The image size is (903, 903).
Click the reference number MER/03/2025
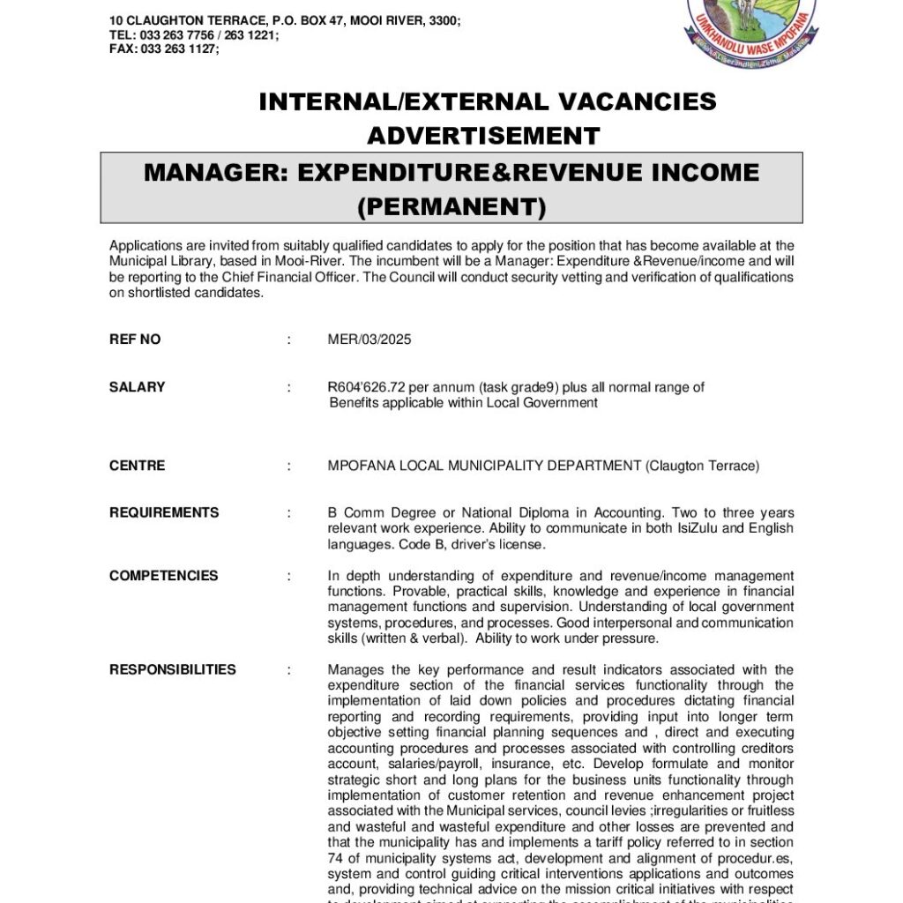click(x=369, y=340)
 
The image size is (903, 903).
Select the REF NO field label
click(x=135, y=340)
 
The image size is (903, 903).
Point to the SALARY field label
click(x=137, y=387)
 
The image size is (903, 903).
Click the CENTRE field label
click(x=137, y=466)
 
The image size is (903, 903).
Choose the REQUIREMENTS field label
click(x=164, y=512)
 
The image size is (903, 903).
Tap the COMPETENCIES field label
click(x=163, y=576)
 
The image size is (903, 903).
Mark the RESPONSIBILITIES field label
click(x=172, y=669)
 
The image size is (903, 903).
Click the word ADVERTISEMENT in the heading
click(x=483, y=137)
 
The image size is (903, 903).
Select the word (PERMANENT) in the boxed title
click(x=451, y=206)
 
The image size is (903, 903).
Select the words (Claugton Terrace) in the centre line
click(x=703, y=466)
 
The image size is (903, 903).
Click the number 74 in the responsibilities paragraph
click(x=335, y=857)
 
